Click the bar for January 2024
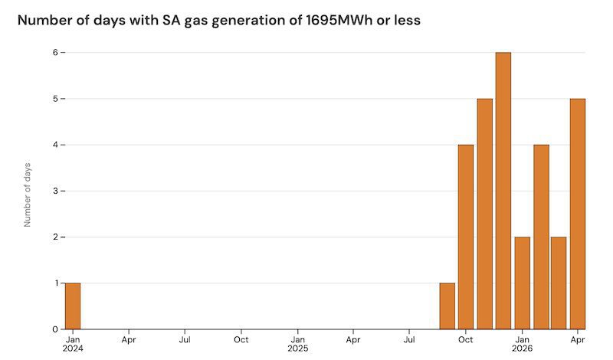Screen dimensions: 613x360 pos(73,306)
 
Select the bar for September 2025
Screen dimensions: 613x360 pos(447,306)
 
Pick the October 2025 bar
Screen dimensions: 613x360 pos(466,237)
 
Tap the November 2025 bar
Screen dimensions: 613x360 pos(485,214)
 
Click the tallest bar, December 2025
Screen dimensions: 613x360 pos(503,191)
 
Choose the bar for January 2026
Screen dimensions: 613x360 pos(523,283)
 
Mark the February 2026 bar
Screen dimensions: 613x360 pos(542,237)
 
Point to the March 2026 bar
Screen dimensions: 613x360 pos(559,283)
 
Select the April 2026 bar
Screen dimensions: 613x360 pos(578,214)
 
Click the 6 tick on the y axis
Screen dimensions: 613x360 pos(55,52)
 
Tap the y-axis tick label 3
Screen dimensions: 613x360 pos(55,191)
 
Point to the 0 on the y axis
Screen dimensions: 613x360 pos(55,329)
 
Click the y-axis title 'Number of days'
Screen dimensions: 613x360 pos(27,195)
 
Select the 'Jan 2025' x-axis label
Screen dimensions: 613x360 pos(298,344)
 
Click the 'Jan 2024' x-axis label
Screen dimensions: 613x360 pos(73,344)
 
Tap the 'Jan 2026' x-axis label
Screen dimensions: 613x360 pos(523,344)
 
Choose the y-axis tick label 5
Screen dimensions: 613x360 pos(55,99)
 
